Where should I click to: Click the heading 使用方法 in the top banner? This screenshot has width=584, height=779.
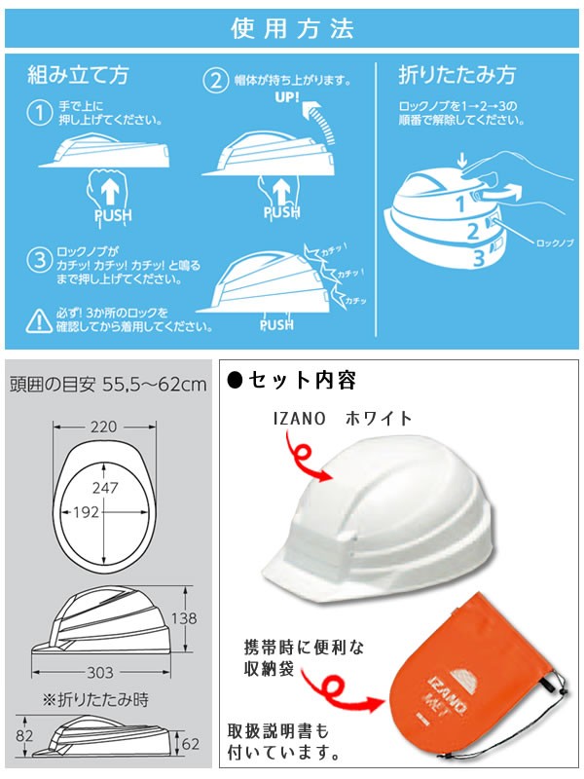pyautogui.click(x=292, y=28)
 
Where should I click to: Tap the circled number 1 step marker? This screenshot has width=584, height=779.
pyautogui.click(x=39, y=113)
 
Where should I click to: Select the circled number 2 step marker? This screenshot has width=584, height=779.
pyautogui.click(x=215, y=81)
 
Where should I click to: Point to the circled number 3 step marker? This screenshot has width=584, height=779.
pyautogui.click(x=39, y=260)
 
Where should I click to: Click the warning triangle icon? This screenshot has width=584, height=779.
pyautogui.click(x=39, y=321)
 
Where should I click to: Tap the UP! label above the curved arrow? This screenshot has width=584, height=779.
pyautogui.click(x=287, y=96)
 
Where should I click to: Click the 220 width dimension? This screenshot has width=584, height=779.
pyautogui.click(x=104, y=427)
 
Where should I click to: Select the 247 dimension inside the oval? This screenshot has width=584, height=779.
pyautogui.click(x=105, y=488)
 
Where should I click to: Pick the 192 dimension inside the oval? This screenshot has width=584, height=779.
pyautogui.click(x=86, y=512)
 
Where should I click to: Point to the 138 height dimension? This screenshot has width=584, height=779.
pyautogui.click(x=184, y=618)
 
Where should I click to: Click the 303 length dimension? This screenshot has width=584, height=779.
pyautogui.click(x=100, y=673)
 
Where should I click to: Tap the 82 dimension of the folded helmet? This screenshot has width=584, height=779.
pyautogui.click(x=24, y=735)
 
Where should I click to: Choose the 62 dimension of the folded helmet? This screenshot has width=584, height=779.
pyautogui.click(x=191, y=744)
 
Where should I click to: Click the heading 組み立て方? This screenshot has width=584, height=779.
pyautogui.click(x=78, y=75)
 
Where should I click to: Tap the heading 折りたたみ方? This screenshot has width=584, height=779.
pyautogui.click(x=456, y=75)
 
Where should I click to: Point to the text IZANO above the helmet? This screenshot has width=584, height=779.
pyautogui.click(x=299, y=419)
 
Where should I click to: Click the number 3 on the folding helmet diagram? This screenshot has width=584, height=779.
pyautogui.click(x=478, y=258)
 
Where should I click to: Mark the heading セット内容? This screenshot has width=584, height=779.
pyautogui.click(x=292, y=381)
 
